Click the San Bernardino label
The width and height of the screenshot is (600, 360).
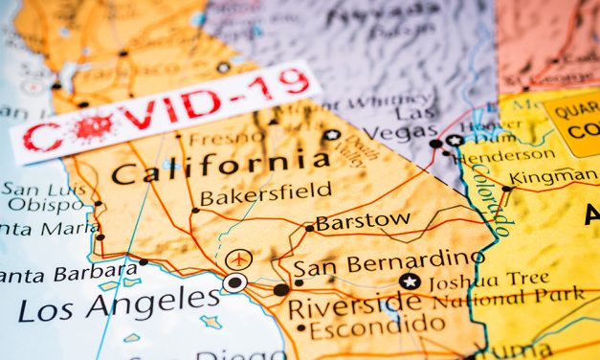point(388,260)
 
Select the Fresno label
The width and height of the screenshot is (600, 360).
point(226,138)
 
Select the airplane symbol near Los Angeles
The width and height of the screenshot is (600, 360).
point(239,259)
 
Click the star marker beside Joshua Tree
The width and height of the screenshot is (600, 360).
point(410,281)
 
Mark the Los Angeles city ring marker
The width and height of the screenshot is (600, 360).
point(234,282)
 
